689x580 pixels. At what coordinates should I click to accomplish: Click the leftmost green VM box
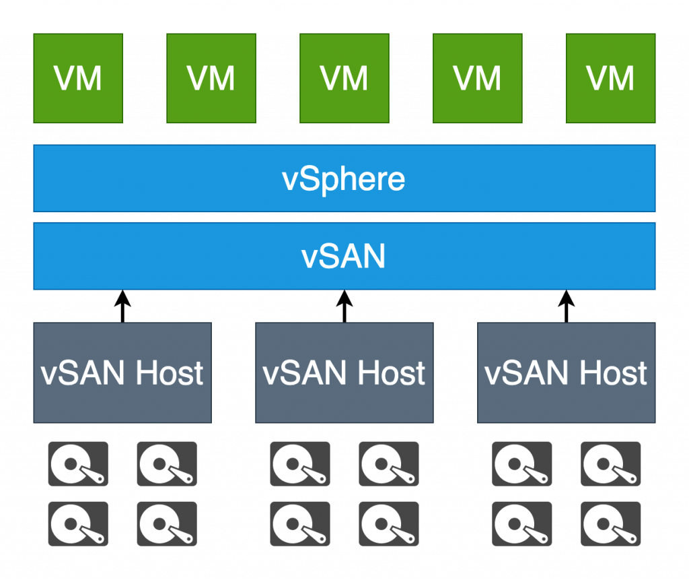tap(78, 78)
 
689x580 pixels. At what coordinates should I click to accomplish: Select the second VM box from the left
tap(211, 78)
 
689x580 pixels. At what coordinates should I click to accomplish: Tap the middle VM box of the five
tap(344, 78)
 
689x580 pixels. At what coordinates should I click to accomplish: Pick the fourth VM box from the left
tap(478, 78)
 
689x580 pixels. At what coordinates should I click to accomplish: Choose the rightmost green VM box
tap(611, 78)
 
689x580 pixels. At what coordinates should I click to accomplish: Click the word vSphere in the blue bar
tap(344, 179)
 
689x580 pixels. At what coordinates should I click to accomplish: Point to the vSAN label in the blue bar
tap(344, 257)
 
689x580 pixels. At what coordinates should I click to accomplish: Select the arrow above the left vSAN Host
tap(122, 307)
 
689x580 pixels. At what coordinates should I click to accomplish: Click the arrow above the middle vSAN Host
tap(344, 307)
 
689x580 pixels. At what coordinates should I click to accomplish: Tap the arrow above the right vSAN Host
tap(566, 307)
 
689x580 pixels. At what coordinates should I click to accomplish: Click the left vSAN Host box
tap(122, 373)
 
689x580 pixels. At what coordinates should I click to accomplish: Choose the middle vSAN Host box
tap(344, 373)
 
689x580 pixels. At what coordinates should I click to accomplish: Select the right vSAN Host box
tap(567, 373)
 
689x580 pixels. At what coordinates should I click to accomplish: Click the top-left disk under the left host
tap(78, 464)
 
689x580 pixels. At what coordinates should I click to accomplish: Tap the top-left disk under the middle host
tap(300, 464)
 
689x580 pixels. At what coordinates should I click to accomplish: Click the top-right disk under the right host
tap(611, 464)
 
